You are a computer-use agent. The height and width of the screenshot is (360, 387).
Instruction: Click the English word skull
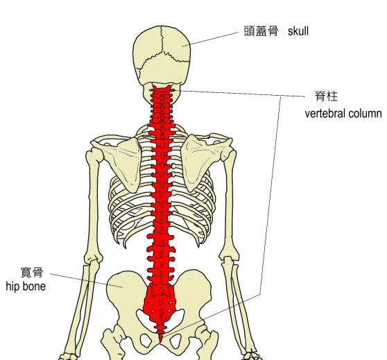(x=298, y=31)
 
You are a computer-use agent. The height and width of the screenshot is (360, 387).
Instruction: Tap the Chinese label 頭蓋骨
(x=261, y=31)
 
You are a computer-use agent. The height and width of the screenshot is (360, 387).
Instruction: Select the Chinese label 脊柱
(x=326, y=96)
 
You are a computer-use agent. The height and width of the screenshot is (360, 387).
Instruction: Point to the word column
(x=365, y=114)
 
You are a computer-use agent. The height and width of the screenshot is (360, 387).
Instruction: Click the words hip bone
(x=26, y=286)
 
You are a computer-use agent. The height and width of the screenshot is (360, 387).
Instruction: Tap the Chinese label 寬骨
(x=32, y=273)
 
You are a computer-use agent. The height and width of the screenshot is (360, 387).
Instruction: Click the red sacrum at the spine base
(x=160, y=304)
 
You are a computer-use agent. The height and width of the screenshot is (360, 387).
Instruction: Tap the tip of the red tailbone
(x=161, y=342)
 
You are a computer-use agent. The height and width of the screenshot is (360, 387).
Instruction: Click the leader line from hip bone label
(x=87, y=280)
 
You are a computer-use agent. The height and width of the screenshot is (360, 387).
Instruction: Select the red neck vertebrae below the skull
(x=162, y=106)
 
